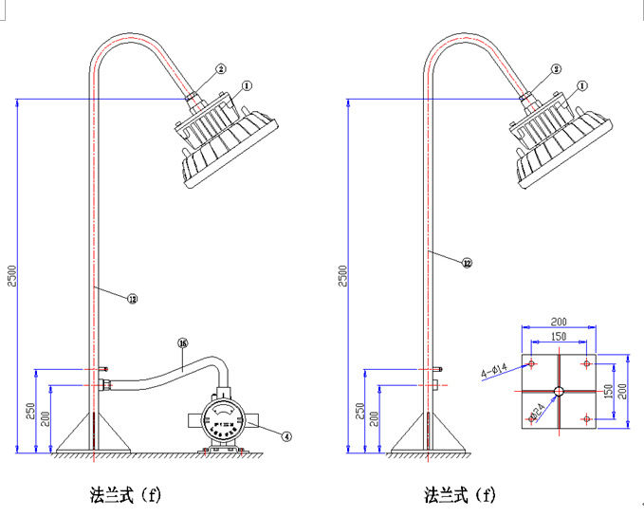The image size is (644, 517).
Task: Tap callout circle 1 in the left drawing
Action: [x=247, y=85]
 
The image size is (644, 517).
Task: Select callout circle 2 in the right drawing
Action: [x=557, y=69]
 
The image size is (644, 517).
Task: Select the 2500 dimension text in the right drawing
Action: [x=343, y=275]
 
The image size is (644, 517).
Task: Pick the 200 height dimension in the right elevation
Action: [x=375, y=417]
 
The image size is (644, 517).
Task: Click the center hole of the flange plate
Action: [x=560, y=391]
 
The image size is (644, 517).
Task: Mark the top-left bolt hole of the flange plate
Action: [x=533, y=364]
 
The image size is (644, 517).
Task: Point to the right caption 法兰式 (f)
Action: [x=460, y=494]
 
